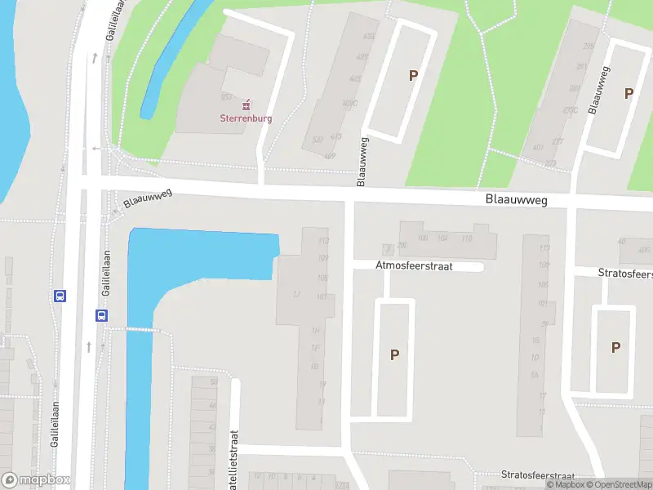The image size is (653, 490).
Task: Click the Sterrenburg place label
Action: (246, 118)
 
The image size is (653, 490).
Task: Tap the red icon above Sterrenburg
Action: (247, 104)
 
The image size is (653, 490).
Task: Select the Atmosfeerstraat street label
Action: (414, 265)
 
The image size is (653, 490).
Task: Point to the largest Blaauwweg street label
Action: (516, 199)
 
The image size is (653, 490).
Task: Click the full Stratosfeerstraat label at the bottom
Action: (538, 475)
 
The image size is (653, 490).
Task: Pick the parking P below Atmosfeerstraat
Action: (395, 355)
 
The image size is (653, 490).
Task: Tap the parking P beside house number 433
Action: (413, 76)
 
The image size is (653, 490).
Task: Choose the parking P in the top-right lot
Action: (629, 94)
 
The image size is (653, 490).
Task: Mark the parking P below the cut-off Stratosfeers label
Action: (615, 347)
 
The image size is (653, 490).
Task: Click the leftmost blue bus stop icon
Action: (60, 296)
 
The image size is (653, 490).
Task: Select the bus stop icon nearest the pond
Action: (101, 315)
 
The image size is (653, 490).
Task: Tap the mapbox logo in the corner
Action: (36, 479)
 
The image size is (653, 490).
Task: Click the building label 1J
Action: (296, 294)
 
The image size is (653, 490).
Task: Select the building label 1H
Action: (314, 330)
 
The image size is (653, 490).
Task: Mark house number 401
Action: (538, 148)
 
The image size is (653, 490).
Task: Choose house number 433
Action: (335, 136)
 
